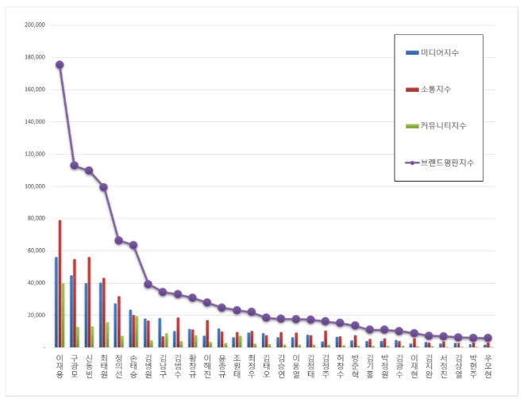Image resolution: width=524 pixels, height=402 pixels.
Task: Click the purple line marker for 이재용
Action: [60, 65]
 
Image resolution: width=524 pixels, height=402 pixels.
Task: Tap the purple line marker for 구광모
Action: [74, 165]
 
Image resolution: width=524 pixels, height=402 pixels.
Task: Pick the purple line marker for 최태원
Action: [103, 187]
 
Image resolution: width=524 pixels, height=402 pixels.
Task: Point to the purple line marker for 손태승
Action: [133, 245]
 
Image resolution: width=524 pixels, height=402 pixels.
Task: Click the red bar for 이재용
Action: [60, 284]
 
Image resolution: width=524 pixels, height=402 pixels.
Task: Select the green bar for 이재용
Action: [64, 316]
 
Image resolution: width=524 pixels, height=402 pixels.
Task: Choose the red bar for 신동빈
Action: [89, 302]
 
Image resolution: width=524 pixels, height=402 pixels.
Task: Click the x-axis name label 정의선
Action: [118, 367]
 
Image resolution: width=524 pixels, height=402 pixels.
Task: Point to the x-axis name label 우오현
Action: [487, 367]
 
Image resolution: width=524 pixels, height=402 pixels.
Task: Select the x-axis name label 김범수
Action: [177, 367]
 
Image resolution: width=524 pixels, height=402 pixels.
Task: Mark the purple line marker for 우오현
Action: [487, 338]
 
